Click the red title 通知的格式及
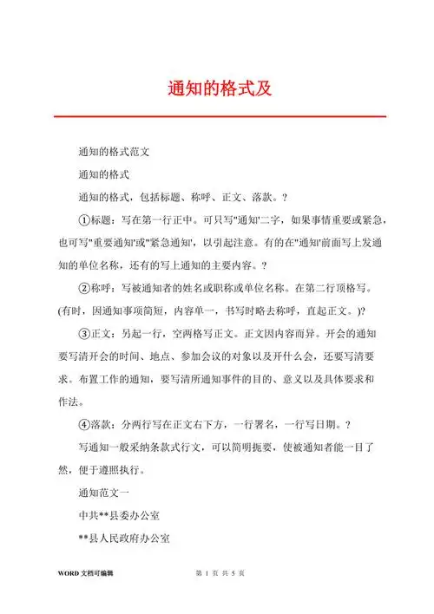click(x=217, y=88)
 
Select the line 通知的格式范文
click(x=115, y=152)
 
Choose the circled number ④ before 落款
click(x=84, y=424)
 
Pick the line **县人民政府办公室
click(x=123, y=539)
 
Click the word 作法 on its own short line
click(x=70, y=401)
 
